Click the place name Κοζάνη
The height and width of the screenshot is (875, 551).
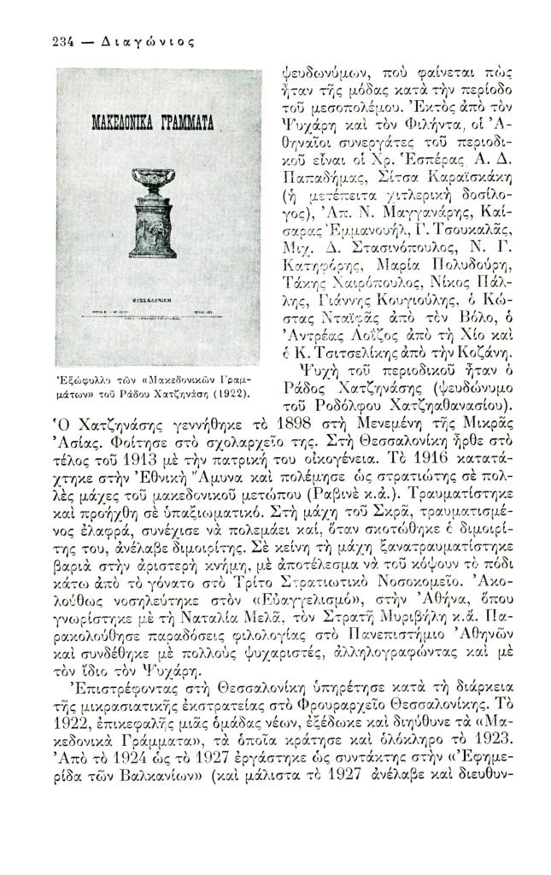coord(487,351)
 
